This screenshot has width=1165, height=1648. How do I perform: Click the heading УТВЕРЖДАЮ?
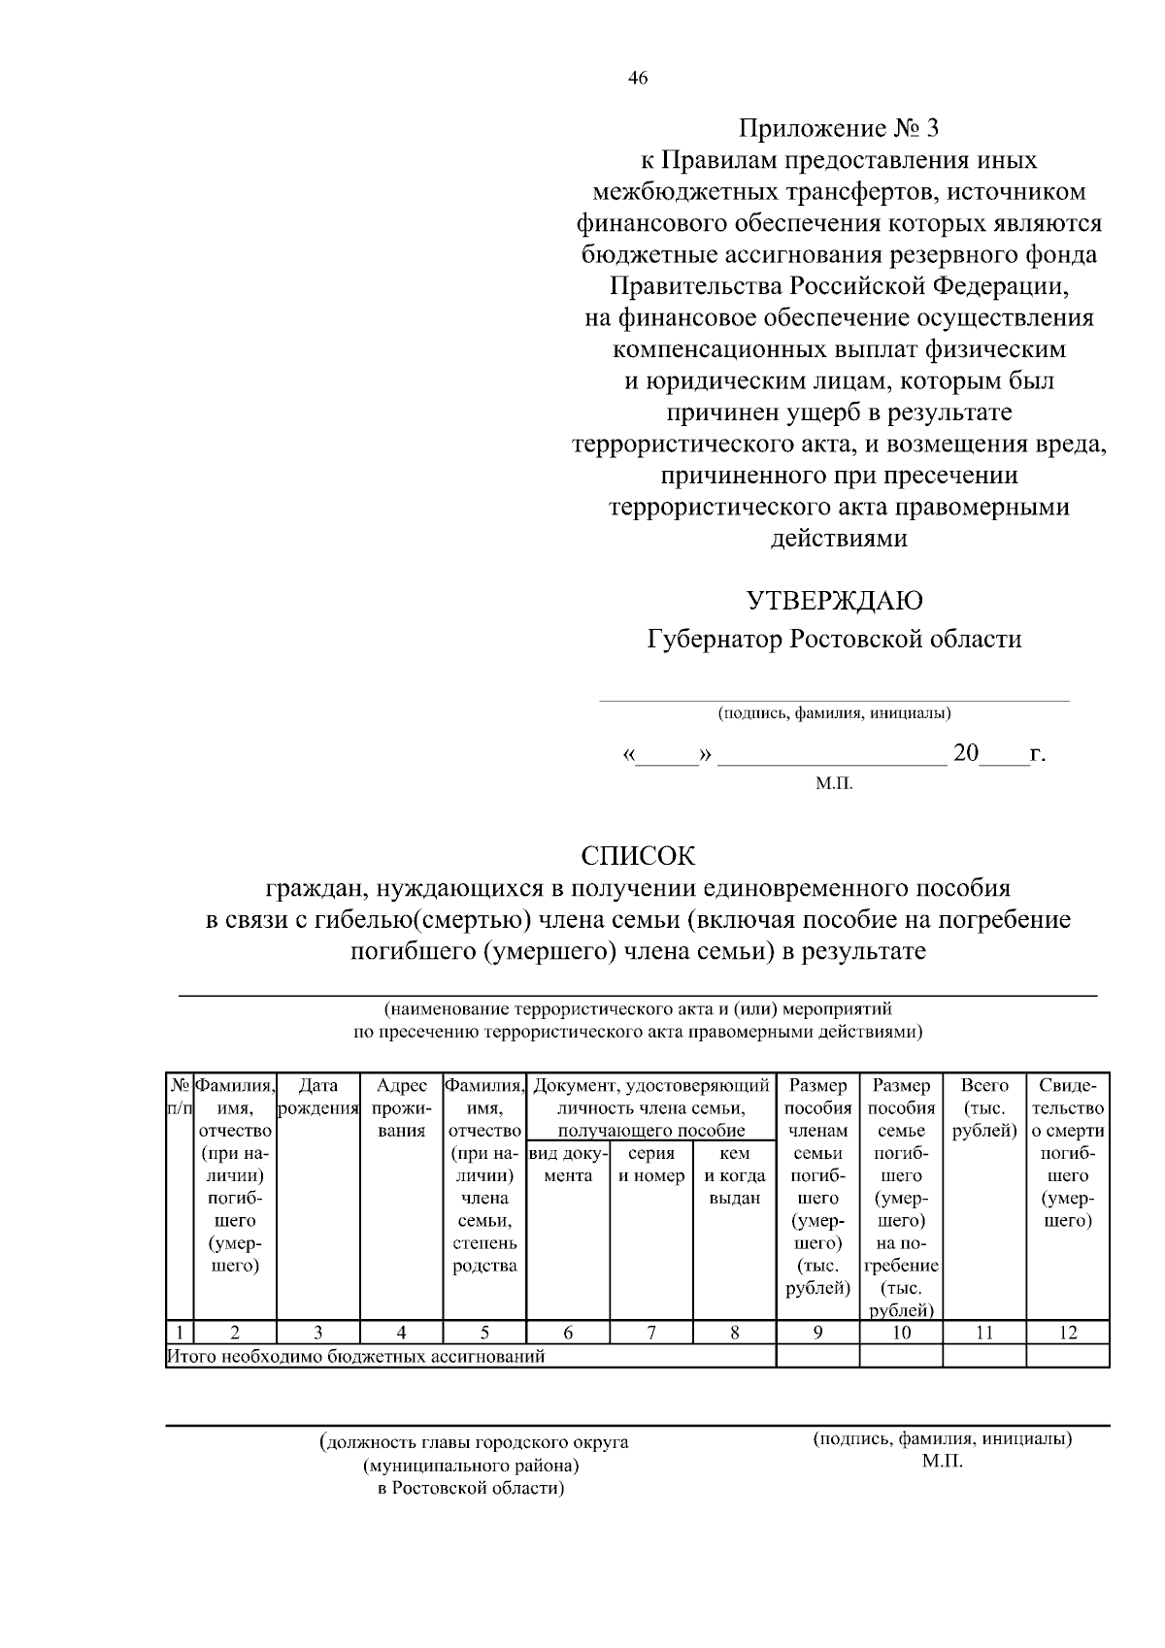pos(834,601)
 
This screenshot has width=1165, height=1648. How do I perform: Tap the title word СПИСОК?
pos(638,856)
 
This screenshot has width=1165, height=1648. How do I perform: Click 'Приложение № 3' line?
pos(840,128)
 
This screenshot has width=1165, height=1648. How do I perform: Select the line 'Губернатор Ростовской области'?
pos(834,640)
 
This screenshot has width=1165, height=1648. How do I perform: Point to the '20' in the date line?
pos(966,753)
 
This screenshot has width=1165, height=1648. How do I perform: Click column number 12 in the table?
pos(1067,1333)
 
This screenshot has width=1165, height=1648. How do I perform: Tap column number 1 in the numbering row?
pos(180,1333)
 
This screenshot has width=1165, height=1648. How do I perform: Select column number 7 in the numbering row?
pos(651,1333)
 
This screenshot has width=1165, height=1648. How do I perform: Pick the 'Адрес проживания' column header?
pos(401,1107)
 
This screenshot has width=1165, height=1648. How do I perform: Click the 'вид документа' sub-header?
pos(568,1165)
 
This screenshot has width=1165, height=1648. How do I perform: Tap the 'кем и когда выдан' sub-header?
pos(735,1175)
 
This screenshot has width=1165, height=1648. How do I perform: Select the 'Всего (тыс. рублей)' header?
pos(984,1107)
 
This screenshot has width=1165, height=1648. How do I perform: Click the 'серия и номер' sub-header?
pos(651,1165)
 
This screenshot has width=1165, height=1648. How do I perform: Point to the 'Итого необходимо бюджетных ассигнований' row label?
pos(356,1356)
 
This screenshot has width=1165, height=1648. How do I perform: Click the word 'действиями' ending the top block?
pos(839,539)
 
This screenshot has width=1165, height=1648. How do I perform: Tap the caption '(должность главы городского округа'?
pos(474,1442)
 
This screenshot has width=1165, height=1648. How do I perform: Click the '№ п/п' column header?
pos(180,1097)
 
